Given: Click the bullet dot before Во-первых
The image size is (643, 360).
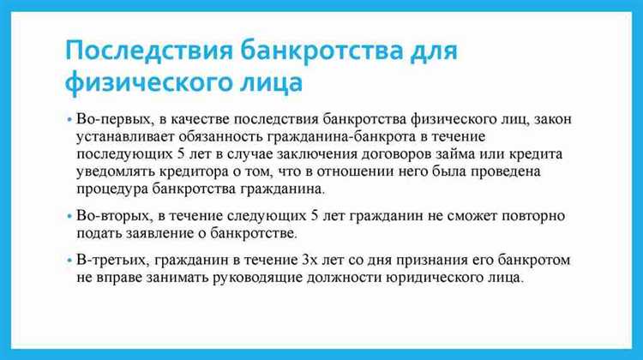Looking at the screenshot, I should tap(68, 118).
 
